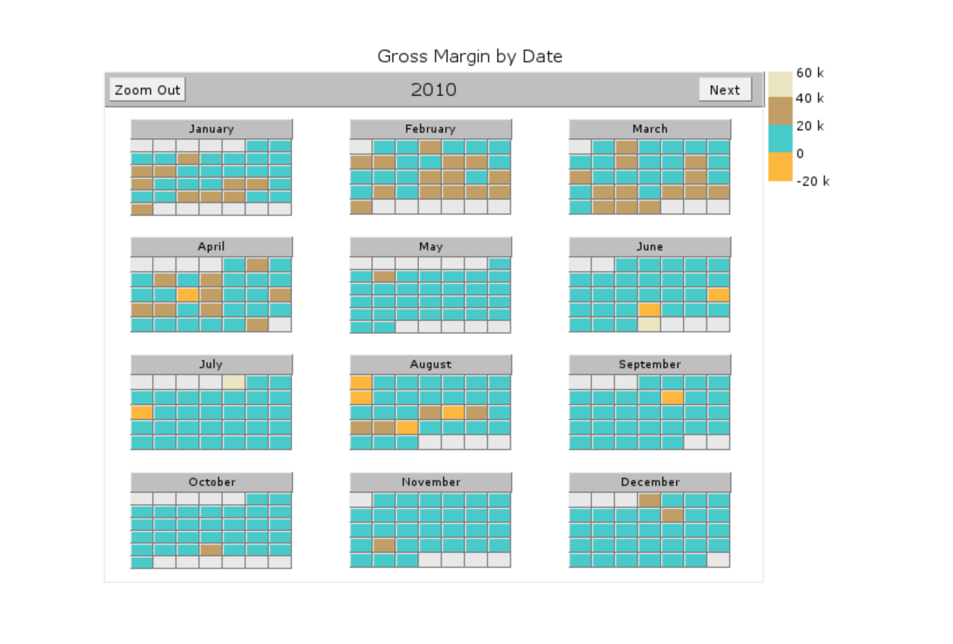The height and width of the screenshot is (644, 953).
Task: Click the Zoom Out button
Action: coord(147,89)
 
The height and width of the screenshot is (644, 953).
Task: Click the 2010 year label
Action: coord(434,90)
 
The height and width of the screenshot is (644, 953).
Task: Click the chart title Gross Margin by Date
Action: coord(470,56)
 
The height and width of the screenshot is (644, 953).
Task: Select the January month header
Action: coord(212,129)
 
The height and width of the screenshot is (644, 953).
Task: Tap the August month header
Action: coord(430,364)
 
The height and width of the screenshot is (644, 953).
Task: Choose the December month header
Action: coord(650,482)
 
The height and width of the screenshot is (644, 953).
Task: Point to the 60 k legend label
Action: coord(810,73)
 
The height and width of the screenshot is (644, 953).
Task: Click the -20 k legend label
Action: coord(813,181)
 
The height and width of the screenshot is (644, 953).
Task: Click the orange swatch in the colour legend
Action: coord(781,167)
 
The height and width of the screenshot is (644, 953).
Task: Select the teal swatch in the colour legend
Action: coord(781,138)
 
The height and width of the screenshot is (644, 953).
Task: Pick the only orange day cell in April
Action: coord(187,295)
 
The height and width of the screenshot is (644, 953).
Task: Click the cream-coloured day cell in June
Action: coord(649,325)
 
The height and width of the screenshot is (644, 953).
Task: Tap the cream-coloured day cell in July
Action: coord(234,382)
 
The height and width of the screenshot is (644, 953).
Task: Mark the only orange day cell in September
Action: coord(672,398)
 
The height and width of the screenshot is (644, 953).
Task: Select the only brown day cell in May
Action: coord(384,276)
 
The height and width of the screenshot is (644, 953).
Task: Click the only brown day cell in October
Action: coord(211,550)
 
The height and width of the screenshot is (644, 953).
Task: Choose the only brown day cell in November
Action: coord(384,545)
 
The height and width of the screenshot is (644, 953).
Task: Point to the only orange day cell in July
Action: coord(142,413)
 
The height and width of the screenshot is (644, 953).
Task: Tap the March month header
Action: coord(650,129)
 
